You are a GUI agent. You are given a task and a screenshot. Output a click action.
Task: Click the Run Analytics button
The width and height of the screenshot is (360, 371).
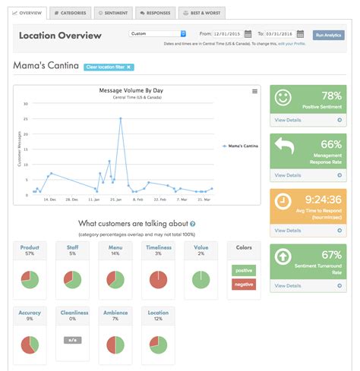[x=328, y=34]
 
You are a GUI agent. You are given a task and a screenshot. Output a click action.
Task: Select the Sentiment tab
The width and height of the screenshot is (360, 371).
[x=112, y=13]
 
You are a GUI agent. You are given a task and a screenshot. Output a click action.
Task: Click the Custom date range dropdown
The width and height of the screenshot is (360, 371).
[x=157, y=33]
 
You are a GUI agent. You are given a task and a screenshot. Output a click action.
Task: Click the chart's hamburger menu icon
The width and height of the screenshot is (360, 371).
[x=254, y=92]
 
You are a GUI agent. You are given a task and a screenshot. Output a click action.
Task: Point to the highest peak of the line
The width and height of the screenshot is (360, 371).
[x=120, y=118]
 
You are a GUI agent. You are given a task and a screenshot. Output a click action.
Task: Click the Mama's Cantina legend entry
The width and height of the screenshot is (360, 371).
[x=241, y=144]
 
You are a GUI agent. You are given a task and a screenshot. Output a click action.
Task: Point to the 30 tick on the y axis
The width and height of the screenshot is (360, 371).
[x=26, y=104]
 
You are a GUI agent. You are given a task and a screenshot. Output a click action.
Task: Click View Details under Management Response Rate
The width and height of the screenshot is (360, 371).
[x=289, y=174]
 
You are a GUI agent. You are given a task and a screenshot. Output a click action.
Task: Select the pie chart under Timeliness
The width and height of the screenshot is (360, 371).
[x=158, y=279]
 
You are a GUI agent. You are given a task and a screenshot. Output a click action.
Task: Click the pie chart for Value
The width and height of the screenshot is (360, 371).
[x=201, y=279]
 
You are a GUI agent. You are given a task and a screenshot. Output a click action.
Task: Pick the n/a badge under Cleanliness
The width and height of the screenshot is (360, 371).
[x=74, y=339]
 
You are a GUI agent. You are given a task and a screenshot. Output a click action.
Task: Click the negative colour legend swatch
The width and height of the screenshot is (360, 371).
[x=245, y=283]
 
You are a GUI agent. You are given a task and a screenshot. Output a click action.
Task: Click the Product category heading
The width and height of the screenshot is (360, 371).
[x=30, y=247]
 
